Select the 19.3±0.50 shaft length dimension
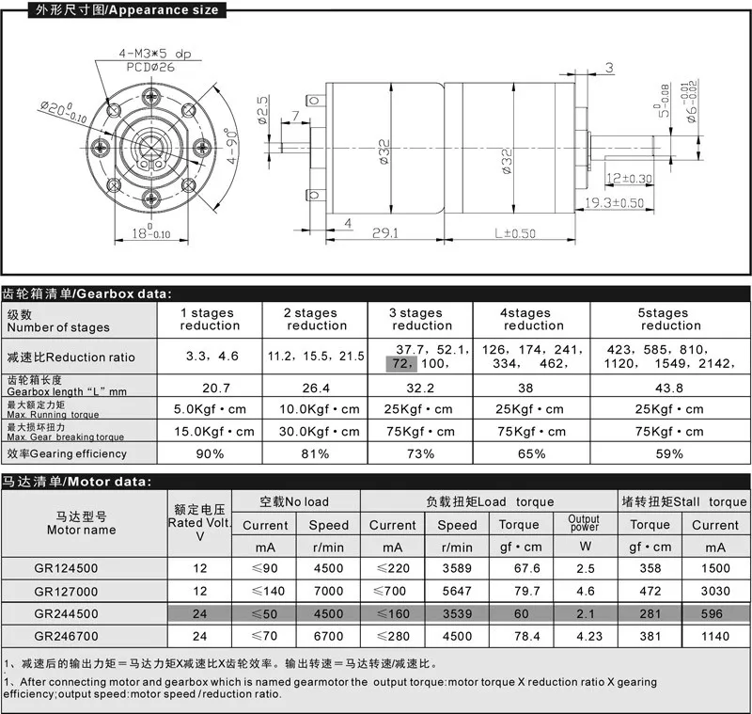point(617,203)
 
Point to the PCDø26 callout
point(151,65)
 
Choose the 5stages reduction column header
point(671,319)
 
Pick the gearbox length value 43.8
point(671,387)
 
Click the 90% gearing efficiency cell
point(210,453)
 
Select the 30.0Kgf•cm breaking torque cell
point(317,431)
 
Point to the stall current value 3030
point(715,591)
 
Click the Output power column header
point(584,524)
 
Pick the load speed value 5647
point(458,591)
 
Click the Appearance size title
point(114,10)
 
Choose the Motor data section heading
point(75,481)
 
